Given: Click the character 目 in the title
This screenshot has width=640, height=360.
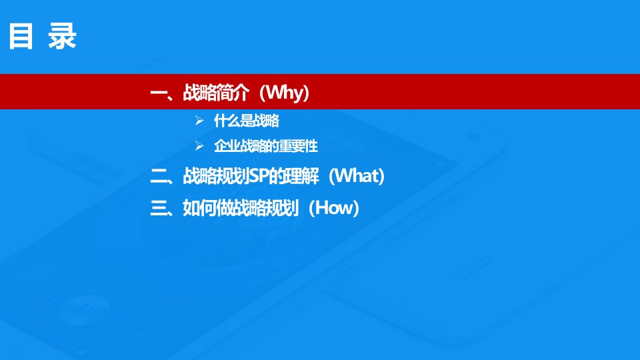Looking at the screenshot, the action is pyautogui.click(x=21, y=36).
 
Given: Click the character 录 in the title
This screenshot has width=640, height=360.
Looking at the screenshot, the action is pyautogui.click(x=62, y=36).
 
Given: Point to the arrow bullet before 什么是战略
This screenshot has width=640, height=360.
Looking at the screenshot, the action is pyautogui.click(x=199, y=121).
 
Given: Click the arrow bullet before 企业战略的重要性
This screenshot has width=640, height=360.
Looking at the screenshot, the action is pyautogui.click(x=199, y=146).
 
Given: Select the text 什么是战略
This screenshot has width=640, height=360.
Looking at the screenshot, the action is pyautogui.click(x=247, y=121).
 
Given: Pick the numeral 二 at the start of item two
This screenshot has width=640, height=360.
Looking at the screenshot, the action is pyautogui.click(x=158, y=176).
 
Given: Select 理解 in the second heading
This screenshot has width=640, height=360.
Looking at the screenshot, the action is pyautogui.click(x=302, y=176).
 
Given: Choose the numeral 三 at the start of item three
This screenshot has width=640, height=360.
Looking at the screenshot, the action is pyautogui.click(x=158, y=208).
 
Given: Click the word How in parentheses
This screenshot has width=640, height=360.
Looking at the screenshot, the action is pyautogui.click(x=334, y=208).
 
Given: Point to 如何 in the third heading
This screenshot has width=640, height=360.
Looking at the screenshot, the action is pyautogui.click(x=199, y=208).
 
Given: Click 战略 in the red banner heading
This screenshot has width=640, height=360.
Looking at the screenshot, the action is pyautogui.click(x=199, y=93).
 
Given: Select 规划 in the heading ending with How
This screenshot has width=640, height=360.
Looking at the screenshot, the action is pyautogui.click(x=282, y=208).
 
